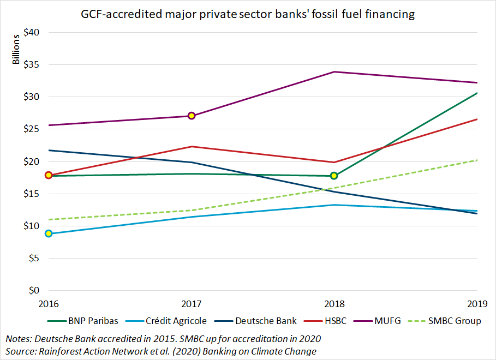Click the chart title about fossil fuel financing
[x=248, y=15]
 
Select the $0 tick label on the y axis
[x=34, y=291]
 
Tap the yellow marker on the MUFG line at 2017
[x=192, y=116]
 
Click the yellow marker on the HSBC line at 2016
[x=49, y=175]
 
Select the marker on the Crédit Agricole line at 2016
[x=49, y=233]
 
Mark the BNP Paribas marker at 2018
[x=334, y=176]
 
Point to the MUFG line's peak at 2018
[x=334, y=72]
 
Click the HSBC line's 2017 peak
[x=192, y=146]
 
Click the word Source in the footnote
[x=20, y=351]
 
